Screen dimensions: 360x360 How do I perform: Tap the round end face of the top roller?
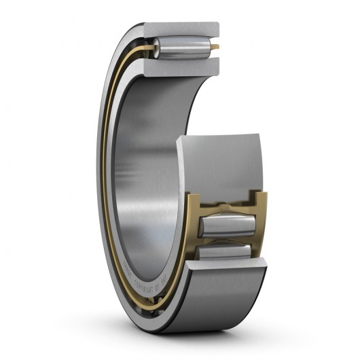(x=156, y=48)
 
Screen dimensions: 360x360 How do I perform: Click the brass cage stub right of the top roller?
(x=215, y=47)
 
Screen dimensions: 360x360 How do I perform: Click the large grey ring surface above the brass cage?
(x=217, y=163)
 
